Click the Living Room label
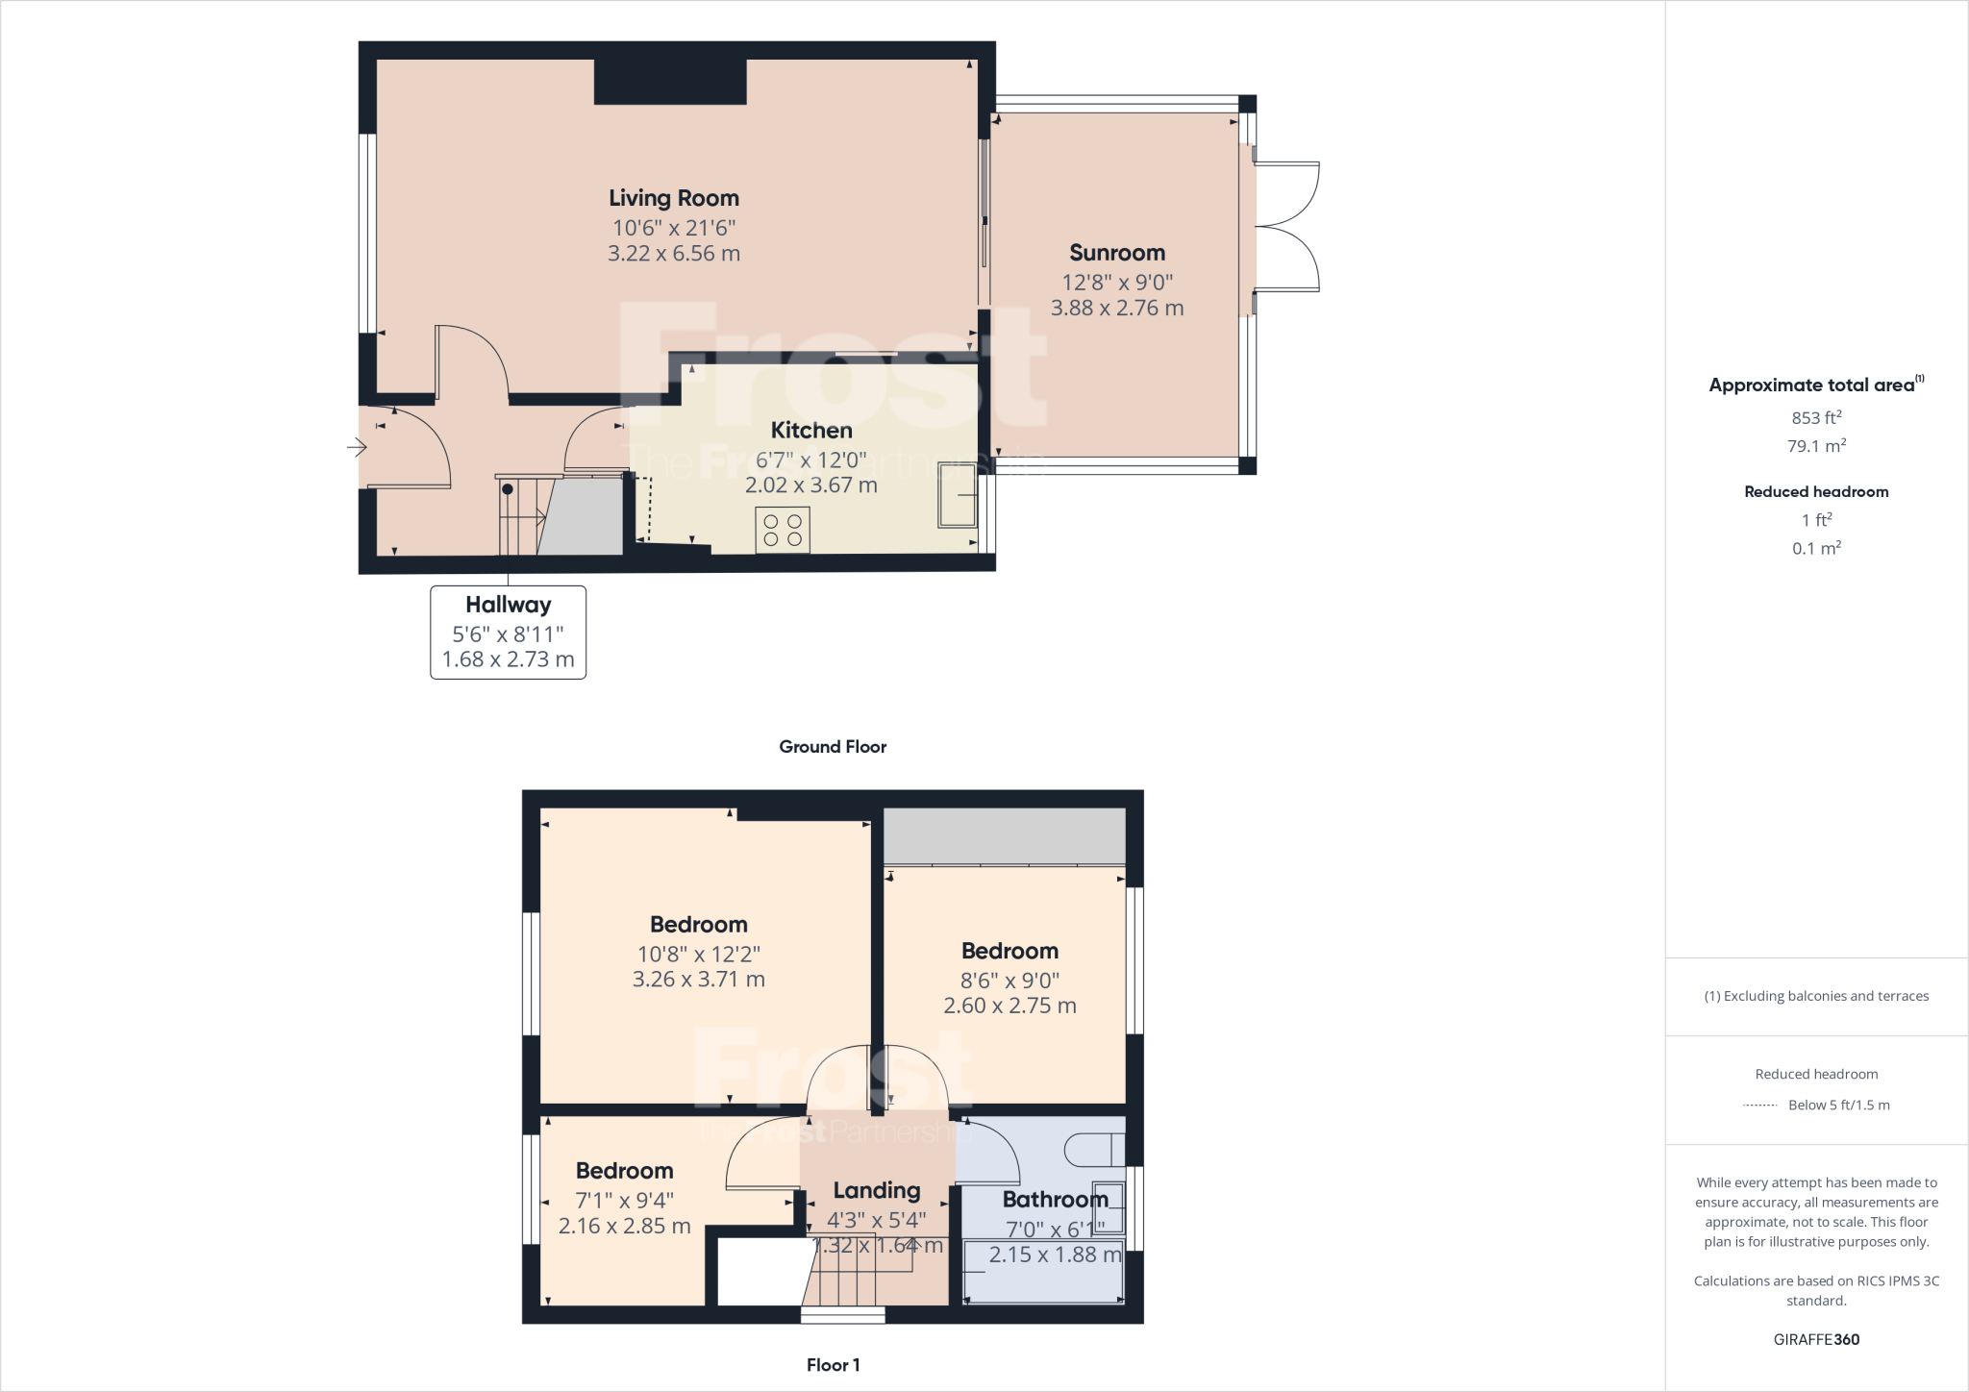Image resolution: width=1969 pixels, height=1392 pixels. coord(673,198)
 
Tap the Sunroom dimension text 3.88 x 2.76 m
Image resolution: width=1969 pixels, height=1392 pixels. coord(1116,309)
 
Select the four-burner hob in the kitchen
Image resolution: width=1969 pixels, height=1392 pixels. coord(782,530)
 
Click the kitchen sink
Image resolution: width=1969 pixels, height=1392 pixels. coord(957,495)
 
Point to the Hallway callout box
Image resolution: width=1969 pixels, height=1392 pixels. coord(508,632)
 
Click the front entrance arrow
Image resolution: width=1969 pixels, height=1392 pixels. coord(357,447)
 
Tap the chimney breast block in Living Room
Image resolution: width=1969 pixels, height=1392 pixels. coord(670,82)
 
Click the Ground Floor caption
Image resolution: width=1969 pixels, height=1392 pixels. coord(832,747)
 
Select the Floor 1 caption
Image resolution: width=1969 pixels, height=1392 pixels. coord(833,1365)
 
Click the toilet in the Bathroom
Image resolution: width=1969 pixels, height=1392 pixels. coord(1095,1149)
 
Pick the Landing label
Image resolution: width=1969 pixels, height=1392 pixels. coord(876,1191)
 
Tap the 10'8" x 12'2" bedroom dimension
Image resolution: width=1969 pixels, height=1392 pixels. coord(698,955)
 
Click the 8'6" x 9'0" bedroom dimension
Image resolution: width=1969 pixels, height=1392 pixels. coord(1009,981)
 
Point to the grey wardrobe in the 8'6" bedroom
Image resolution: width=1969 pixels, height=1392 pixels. coord(1004,835)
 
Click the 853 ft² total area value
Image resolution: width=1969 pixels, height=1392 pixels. coord(1815,418)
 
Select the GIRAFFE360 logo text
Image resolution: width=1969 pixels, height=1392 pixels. coord(1815,1339)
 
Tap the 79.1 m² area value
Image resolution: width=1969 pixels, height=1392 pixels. coord(1815,446)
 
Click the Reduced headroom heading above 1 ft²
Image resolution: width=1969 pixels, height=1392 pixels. coord(1815,492)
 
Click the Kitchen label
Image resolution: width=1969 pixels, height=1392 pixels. coord(810,431)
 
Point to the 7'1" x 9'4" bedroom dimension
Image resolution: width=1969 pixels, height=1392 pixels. coord(624,1201)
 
